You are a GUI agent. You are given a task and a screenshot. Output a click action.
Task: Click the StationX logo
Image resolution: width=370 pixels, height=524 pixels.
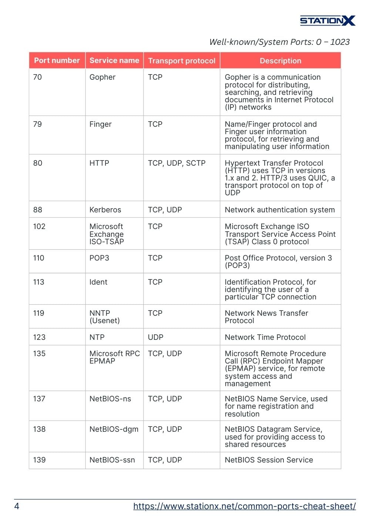[x=327, y=21]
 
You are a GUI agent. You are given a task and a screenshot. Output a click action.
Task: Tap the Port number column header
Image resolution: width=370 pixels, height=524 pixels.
[x=57, y=60]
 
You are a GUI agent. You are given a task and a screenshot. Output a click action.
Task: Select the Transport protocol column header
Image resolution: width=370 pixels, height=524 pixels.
[x=182, y=61]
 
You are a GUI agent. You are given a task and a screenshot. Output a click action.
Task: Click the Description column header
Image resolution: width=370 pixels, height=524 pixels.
[x=280, y=61]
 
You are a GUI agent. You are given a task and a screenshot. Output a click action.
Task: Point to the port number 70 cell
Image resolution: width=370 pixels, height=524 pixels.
[x=38, y=77]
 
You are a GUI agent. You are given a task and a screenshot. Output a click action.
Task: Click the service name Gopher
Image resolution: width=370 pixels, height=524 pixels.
[x=102, y=77]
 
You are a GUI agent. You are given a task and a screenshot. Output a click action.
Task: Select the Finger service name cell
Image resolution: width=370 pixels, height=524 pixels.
[x=101, y=124]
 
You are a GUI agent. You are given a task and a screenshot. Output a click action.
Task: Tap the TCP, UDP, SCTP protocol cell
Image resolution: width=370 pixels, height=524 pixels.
[x=176, y=163]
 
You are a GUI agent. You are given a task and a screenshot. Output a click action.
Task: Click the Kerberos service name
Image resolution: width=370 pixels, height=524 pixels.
[x=105, y=210]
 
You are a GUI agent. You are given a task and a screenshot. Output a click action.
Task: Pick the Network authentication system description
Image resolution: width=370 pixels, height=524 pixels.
[x=280, y=210]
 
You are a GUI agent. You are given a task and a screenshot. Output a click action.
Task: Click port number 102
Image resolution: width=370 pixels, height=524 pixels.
[x=39, y=226]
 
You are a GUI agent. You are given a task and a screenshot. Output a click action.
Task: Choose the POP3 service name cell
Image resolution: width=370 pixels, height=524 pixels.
[x=100, y=258]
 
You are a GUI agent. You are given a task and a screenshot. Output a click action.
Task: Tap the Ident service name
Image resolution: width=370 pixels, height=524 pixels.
[x=98, y=282]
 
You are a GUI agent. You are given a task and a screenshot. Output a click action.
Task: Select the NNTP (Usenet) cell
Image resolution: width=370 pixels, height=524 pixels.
[x=105, y=317]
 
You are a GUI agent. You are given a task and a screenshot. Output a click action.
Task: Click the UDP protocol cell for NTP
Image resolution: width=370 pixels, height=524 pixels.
[x=155, y=337]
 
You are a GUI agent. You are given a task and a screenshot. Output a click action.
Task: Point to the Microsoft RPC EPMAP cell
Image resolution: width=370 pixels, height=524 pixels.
[x=114, y=357]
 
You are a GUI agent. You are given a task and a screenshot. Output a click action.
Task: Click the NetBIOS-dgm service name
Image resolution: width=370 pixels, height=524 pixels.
[x=114, y=429]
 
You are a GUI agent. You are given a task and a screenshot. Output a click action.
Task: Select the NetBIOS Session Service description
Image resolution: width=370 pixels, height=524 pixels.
[x=269, y=460]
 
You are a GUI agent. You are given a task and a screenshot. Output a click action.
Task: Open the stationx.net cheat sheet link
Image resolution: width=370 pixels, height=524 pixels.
[x=245, y=506]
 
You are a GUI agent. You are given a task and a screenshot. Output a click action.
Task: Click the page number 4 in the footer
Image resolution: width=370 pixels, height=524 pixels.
[x=17, y=506]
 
